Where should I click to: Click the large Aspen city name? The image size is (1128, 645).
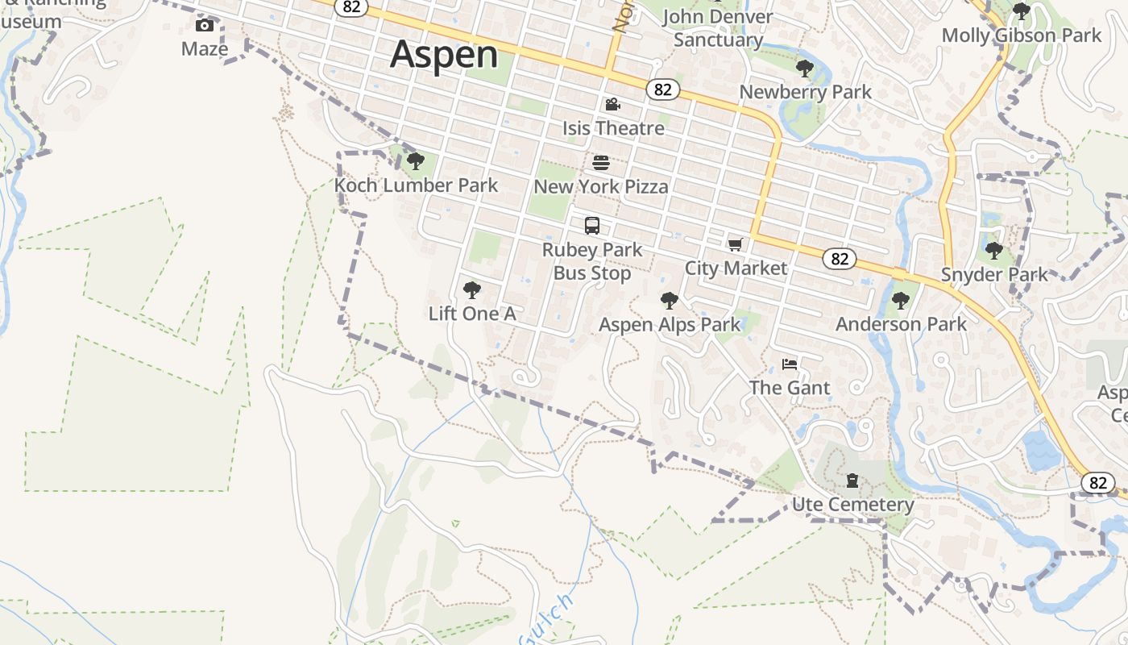coord(444,55)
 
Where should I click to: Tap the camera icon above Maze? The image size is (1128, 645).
coord(205,26)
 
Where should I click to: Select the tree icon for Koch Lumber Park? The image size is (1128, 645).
coord(416,161)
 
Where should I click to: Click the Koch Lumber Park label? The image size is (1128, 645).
coord(416,185)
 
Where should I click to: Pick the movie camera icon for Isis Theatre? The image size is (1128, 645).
coord(612,105)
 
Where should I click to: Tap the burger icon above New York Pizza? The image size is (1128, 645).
coord(600,163)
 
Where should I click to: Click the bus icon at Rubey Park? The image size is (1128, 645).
coord(592,226)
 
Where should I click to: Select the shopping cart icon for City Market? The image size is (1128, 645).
coord(734,244)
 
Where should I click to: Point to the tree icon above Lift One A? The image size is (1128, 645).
coord(472,289)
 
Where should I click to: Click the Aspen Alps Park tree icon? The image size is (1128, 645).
coord(669,301)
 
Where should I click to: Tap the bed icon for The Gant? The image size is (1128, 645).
coord(790,364)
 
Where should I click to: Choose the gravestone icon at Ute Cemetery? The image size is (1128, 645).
coord(852,481)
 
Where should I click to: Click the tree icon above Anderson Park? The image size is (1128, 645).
coord(901,301)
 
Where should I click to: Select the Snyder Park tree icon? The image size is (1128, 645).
coord(994,251)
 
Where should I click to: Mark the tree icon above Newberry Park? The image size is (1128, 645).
coord(804,69)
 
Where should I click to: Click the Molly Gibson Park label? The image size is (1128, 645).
coord(1021,35)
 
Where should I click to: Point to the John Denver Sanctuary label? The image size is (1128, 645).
coord(718,28)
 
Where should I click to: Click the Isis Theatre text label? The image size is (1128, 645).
coord(613,128)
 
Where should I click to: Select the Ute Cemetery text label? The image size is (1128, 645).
coord(852,505)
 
